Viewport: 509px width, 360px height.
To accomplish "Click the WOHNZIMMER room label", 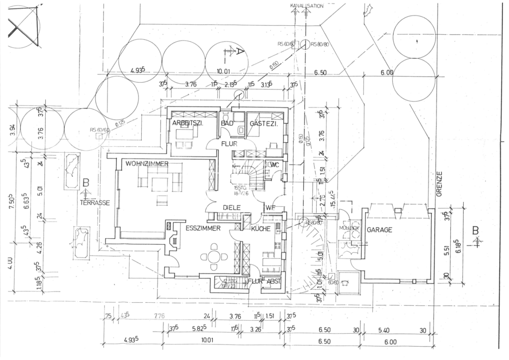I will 147,164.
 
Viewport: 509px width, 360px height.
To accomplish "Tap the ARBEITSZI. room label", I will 188,122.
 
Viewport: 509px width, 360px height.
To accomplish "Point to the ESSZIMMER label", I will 203,229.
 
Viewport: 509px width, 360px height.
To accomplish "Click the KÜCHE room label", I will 260,229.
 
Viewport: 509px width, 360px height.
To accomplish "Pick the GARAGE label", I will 380,230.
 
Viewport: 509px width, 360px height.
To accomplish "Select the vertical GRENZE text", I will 439,184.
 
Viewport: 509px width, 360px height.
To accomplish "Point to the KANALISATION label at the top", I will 307,6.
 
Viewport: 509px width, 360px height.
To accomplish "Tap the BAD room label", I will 227,122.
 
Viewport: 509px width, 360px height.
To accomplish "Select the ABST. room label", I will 275,281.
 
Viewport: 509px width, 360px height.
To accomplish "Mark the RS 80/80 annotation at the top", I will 321,45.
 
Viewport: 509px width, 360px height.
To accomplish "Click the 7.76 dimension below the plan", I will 159,315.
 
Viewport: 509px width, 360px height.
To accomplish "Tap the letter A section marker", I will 239,51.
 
